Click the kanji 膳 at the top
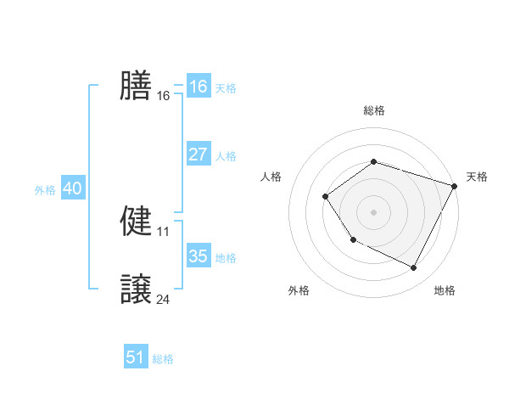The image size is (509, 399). pos(136,86)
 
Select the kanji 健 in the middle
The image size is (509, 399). pos(136,221)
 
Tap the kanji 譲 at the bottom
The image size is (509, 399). pos(136,289)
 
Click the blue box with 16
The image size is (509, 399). pos(198,87)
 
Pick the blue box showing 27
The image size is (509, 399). pos(198,155)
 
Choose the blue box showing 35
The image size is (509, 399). pos(198,256)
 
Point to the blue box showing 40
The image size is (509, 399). pos(72,188)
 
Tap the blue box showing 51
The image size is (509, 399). pos(136,357)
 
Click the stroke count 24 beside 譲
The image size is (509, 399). pos(164,299)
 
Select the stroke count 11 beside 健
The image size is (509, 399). pos(164,231)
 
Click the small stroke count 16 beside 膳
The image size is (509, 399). pos(164,96)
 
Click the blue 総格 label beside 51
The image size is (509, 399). pos(163,359)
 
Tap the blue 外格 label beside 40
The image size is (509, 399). pos(45,190)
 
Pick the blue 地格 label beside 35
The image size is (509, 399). pos(226,258)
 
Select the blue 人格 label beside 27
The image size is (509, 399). pos(226,156)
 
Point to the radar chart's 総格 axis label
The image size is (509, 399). pos(373,110)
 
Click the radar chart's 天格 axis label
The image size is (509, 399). pos(477,177)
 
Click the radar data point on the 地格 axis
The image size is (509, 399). pos(414,268)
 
